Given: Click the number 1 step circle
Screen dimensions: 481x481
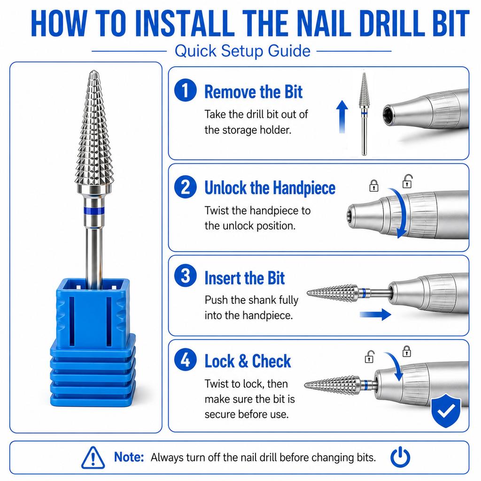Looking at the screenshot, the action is tap(185, 90).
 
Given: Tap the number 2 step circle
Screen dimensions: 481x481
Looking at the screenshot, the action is tap(185, 187).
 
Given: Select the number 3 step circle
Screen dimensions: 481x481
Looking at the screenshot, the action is tap(185, 275).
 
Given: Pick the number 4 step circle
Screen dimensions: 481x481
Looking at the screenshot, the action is tap(185, 359).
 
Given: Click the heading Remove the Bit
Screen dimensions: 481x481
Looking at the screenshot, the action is tap(253, 92).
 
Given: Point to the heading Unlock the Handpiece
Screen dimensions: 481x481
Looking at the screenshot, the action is tap(270, 188).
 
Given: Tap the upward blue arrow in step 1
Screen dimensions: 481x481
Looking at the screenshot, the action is tap(342, 116).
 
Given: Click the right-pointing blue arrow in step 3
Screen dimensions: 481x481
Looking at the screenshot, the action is tap(375, 314).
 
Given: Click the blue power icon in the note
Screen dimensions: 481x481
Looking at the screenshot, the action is tap(400, 457).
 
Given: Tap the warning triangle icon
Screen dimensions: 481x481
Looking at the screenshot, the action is tap(93, 458).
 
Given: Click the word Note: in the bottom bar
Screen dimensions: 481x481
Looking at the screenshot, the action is tap(129, 457).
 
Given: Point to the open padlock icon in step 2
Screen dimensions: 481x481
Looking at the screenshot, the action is tap(407, 181).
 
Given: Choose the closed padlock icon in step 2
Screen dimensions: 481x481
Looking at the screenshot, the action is tap(373, 186).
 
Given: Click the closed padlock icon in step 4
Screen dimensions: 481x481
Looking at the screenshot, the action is tap(407, 351).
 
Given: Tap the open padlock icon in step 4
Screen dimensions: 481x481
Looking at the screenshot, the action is tap(369, 357).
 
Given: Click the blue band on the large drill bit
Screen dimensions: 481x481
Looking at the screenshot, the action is tap(93, 210).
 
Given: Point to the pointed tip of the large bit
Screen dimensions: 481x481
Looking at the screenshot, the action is tap(94, 71).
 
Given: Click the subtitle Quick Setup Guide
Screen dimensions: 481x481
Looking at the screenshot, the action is tap(242, 51).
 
